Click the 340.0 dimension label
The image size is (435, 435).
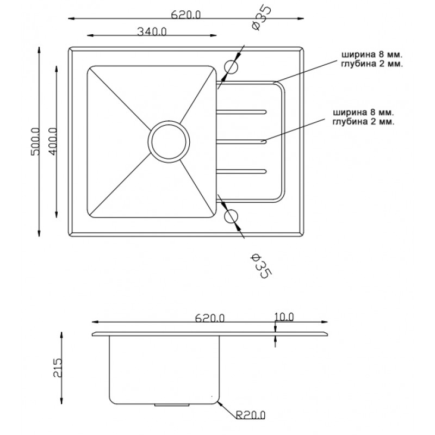pyautogui.click(x=152, y=31)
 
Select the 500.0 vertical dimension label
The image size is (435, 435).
pyautogui.click(x=35, y=142)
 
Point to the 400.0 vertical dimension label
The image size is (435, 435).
pyautogui.click(x=53, y=142)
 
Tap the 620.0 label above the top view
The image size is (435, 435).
pyautogui.click(x=186, y=15)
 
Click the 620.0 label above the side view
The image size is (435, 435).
pyautogui.click(x=209, y=318)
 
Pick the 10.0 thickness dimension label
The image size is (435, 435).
pyautogui.click(x=284, y=316)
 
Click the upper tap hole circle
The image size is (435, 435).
pyautogui.click(x=231, y=67)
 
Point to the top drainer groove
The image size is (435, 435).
pyautogui.click(x=241, y=112)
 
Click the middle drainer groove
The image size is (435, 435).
pyautogui.click(x=241, y=141)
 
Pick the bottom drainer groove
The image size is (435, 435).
pyautogui.click(x=241, y=171)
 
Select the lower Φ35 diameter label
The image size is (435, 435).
pyautogui.click(x=259, y=265)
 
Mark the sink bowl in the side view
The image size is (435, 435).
pyautogui.click(x=163, y=370)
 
